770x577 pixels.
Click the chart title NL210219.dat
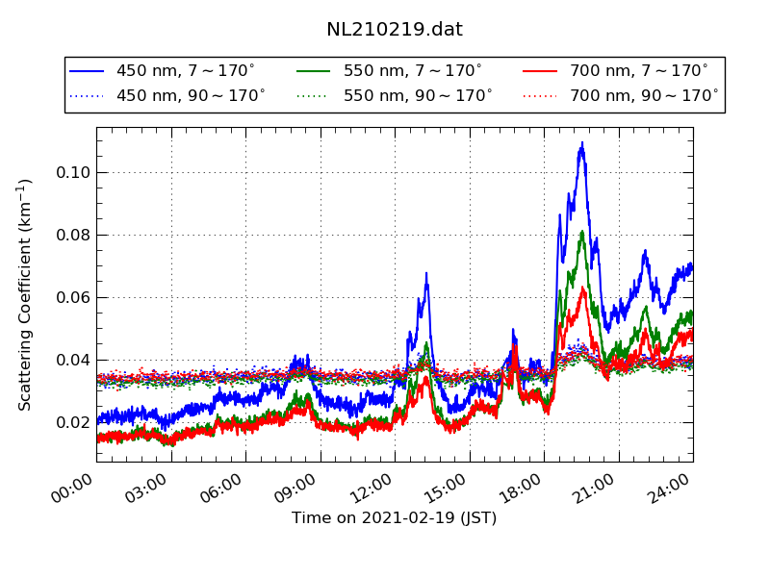point(395,30)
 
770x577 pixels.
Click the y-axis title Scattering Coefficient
point(25,294)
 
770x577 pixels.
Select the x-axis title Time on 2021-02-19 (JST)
point(395,518)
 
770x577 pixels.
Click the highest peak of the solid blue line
point(582,143)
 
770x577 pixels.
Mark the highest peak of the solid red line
point(582,288)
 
